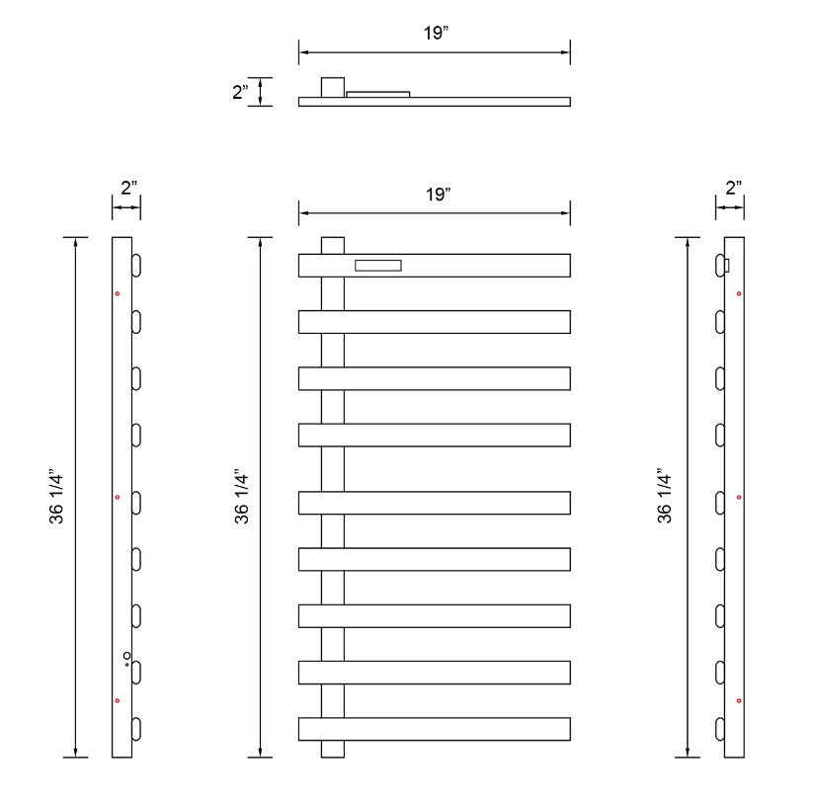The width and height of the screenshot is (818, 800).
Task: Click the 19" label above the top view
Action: pyautogui.click(x=436, y=33)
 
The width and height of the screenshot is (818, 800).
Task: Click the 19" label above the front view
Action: pyautogui.click(x=438, y=194)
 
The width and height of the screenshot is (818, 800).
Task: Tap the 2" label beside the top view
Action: pyautogui.click(x=240, y=92)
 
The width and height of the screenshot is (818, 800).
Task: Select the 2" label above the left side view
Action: pyautogui.click(x=128, y=188)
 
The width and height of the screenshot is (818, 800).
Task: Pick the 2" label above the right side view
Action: pyautogui.click(x=733, y=188)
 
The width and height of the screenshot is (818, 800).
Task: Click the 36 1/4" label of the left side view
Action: pyautogui.click(x=56, y=497)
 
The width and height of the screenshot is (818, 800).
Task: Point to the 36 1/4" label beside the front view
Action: pyautogui.click(x=241, y=497)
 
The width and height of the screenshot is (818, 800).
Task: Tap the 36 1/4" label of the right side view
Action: pyautogui.click(x=664, y=497)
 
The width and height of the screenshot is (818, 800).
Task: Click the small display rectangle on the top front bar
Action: pyautogui.click(x=378, y=266)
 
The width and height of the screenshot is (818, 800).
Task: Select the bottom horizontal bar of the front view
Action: pyautogui.click(x=435, y=729)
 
